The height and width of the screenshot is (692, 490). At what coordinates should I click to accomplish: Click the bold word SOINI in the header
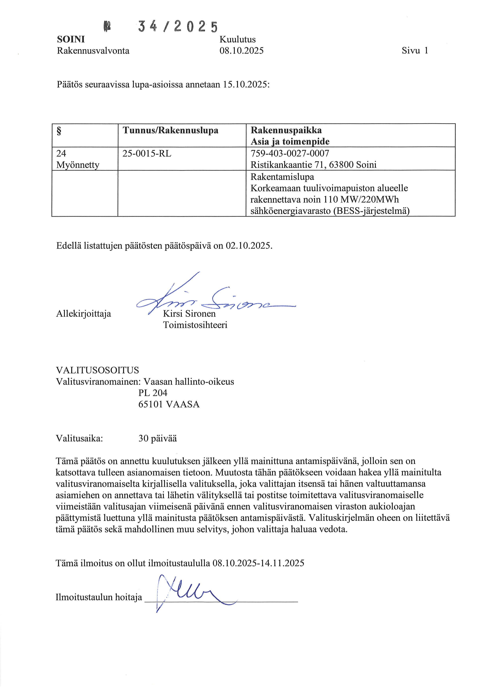point(71,39)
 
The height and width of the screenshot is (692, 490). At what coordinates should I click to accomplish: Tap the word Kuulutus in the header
point(237,39)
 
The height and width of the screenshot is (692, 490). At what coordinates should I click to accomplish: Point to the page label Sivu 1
point(415,51)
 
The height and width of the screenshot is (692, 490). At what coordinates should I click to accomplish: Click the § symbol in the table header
point(59,131)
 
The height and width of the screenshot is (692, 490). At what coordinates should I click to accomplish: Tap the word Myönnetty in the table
point(77,165)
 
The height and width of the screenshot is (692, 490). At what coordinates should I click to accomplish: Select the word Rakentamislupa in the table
point(282,177)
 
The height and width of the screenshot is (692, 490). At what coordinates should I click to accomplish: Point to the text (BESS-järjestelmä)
point(371,211)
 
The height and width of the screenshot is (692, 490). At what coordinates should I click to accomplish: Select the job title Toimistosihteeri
point(195,325)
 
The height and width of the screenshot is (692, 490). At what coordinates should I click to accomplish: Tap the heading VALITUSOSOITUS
point(97,370)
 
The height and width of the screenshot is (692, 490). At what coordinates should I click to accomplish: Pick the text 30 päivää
point(157,438)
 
